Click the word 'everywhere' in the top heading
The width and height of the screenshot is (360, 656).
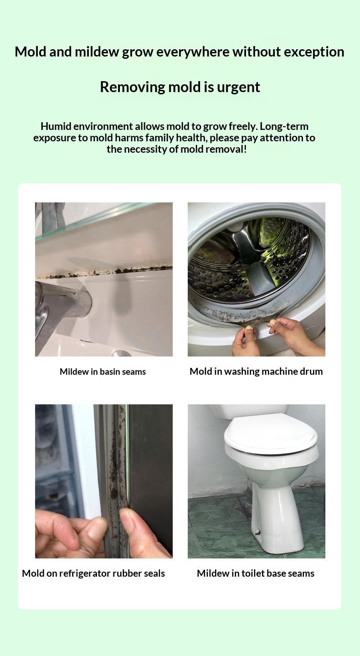pos(193,52)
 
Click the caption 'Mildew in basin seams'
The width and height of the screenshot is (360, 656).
pos(103,372)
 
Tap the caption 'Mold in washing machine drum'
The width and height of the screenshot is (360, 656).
pos(256,372)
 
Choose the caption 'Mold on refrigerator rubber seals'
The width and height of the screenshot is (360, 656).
pos(93,573)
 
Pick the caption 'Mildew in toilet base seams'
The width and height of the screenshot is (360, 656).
pos(256,573)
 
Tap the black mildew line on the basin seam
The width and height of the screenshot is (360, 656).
pos(105,272)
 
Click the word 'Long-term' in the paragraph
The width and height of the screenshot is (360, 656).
pos(284,127)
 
